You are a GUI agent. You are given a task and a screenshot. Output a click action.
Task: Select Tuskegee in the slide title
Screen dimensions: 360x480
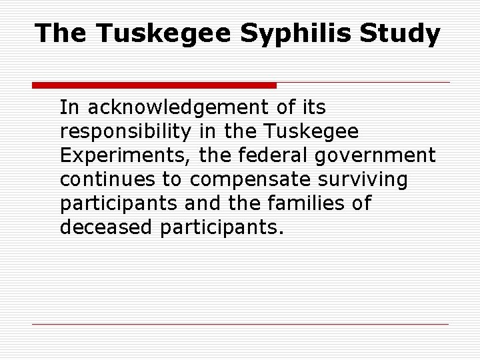[x=160, y=33]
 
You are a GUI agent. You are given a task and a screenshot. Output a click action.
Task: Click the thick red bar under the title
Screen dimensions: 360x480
[x=154, y=85]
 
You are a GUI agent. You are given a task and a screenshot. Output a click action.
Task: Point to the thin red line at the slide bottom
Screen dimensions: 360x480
[x=240, y=325]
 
